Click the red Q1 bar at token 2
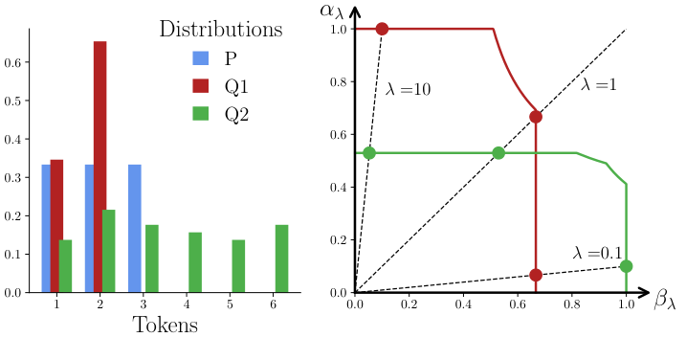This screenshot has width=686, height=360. (100, 168)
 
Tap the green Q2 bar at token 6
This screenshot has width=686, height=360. (281, 259)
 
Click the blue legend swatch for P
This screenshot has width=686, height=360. (202, 57)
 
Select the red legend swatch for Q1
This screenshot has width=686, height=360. (202, 85)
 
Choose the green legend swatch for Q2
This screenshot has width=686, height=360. (202, 113)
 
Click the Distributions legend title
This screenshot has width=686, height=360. (220, 29)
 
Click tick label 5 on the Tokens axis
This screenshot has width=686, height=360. (231, 304)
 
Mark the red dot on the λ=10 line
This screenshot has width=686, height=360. (382, 29)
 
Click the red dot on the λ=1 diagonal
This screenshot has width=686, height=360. (536, 117)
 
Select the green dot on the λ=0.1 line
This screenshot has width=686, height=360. (626, 266)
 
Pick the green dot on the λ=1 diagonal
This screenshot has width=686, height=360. (498, 153)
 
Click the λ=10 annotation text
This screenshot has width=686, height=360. (408, 90)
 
